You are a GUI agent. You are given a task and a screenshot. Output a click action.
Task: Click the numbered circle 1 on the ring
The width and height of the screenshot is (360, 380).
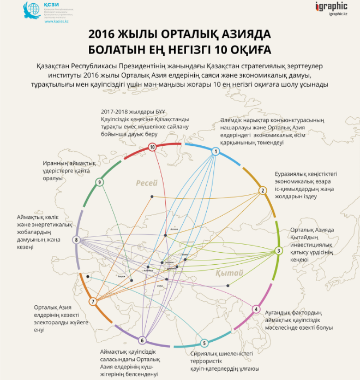[216, 151]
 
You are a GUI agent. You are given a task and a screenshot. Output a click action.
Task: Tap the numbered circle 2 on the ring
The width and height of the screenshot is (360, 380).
[262, 190]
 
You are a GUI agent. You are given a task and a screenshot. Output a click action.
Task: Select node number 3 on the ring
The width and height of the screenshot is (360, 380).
[278, 251]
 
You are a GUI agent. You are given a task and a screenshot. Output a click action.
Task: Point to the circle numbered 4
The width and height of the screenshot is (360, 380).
[256, 309]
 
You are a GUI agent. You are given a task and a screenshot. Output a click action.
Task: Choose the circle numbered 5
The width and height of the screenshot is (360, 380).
[204, 343]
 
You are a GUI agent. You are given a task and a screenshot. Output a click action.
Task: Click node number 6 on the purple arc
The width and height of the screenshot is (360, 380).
[142, 340]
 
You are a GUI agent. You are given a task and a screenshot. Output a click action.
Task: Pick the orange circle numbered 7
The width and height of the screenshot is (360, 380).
[93, 301]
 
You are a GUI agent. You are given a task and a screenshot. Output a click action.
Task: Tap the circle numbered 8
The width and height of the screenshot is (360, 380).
[76, 240]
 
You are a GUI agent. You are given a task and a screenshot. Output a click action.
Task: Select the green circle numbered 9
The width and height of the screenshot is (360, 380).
[99, 182]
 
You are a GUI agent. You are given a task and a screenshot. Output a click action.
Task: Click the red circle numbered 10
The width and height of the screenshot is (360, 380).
[152, 147]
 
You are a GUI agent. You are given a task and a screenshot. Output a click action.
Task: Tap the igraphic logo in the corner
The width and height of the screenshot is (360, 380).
[331, 7]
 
